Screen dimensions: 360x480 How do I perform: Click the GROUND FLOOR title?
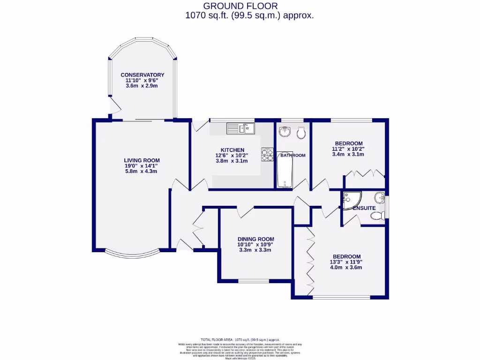click(x=240, y=6)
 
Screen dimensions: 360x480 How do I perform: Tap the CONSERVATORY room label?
click(x=142, y=75)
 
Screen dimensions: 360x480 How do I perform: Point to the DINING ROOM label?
click(x=255, y=239)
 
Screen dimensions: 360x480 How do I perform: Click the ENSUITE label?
click(x=364, y=208)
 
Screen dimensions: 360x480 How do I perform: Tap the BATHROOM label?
click(x=293, y=155)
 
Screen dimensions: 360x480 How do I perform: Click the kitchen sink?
click(x=240, y=128)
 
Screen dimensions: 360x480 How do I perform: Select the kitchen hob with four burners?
click(x=268, y=155)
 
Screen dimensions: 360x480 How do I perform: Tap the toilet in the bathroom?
click(x=301, y=133)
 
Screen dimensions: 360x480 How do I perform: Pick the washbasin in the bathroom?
click(x=285, y=132)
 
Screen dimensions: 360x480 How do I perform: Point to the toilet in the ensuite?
click(x=376, y=216)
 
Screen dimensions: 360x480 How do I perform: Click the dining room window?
click(x=254, y=281)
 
